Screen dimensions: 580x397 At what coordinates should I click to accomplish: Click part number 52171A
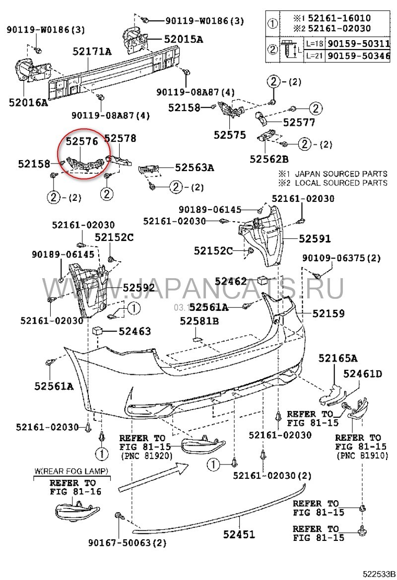(x=92, y=51)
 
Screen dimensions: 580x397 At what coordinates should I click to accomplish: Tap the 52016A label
(x=28, y=103)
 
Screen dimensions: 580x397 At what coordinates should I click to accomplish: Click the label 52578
(x=120, y=138)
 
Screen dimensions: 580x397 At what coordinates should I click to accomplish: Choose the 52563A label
(x=194, y=168)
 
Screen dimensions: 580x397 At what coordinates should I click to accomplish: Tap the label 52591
(x=315, y=238)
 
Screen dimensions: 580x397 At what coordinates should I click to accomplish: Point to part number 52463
(x=134, y=331)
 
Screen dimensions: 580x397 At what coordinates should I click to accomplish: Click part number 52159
(x=329, y=313)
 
